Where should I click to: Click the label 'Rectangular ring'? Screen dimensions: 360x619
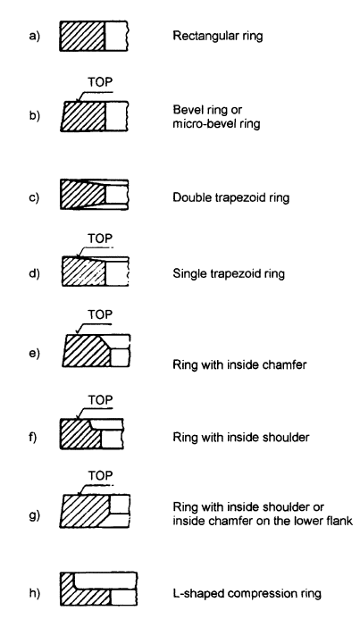(217, 36)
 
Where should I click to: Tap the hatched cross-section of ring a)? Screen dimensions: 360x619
(82, 36)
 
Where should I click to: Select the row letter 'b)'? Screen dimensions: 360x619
(34, 115)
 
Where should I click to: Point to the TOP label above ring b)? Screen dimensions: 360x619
(100, 82)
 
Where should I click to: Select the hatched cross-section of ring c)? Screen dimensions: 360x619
(83, 194)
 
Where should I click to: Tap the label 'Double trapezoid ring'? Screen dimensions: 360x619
(231, 197)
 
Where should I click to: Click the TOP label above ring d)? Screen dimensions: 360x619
(100, 238)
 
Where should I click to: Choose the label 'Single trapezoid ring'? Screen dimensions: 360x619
(229, 273)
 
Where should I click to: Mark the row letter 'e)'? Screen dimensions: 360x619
(34, 354)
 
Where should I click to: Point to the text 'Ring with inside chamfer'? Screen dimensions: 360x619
(239, 364)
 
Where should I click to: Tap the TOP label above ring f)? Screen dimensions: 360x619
(100, 400)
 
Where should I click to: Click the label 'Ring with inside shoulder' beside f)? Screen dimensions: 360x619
(241, 438)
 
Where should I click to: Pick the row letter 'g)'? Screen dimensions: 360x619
(34, 515)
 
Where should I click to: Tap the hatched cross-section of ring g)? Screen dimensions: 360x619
(84, 511)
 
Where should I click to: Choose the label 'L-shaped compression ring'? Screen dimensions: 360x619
(247, 593)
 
